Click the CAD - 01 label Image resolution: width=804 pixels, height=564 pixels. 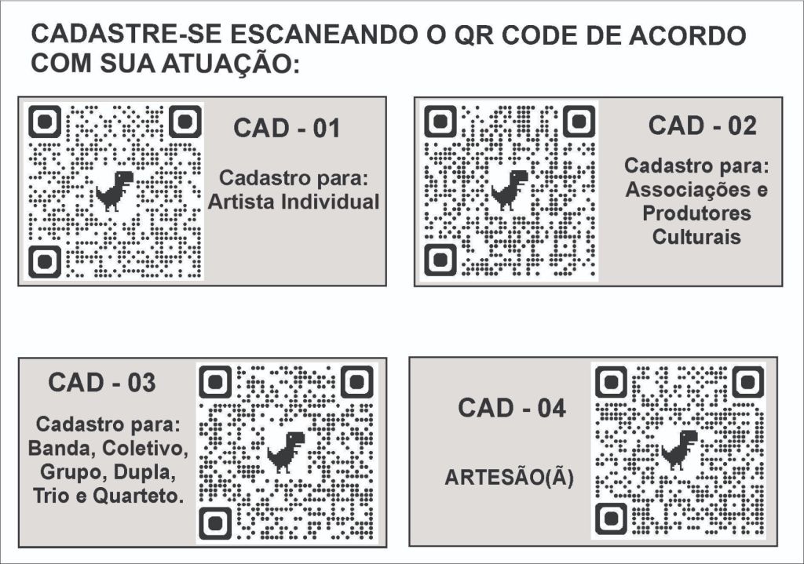click(287, 128)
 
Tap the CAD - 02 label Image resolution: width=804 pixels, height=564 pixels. click(702, 126)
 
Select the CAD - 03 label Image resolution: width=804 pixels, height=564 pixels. click(101, 383)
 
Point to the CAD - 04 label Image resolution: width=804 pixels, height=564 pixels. click(512, 408)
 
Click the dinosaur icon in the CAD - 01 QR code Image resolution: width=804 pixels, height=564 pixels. click(115, 191)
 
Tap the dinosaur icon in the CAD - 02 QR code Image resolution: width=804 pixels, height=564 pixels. click(509, 190)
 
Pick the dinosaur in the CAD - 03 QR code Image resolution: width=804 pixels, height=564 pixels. click(286, 452)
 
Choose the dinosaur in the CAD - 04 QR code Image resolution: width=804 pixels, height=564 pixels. click(679, 449)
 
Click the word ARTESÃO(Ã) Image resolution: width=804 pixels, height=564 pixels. click(509, 478)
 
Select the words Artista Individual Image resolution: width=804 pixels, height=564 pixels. click(294, 202)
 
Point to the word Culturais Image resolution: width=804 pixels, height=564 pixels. click(696, 237)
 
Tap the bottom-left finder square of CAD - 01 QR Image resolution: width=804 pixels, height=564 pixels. click(45, 261)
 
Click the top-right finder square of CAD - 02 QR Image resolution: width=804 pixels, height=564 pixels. click(579, 122)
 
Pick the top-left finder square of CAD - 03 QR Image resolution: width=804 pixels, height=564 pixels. click(215, 382)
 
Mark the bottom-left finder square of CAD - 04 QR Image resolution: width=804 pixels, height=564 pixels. click(611, 519)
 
